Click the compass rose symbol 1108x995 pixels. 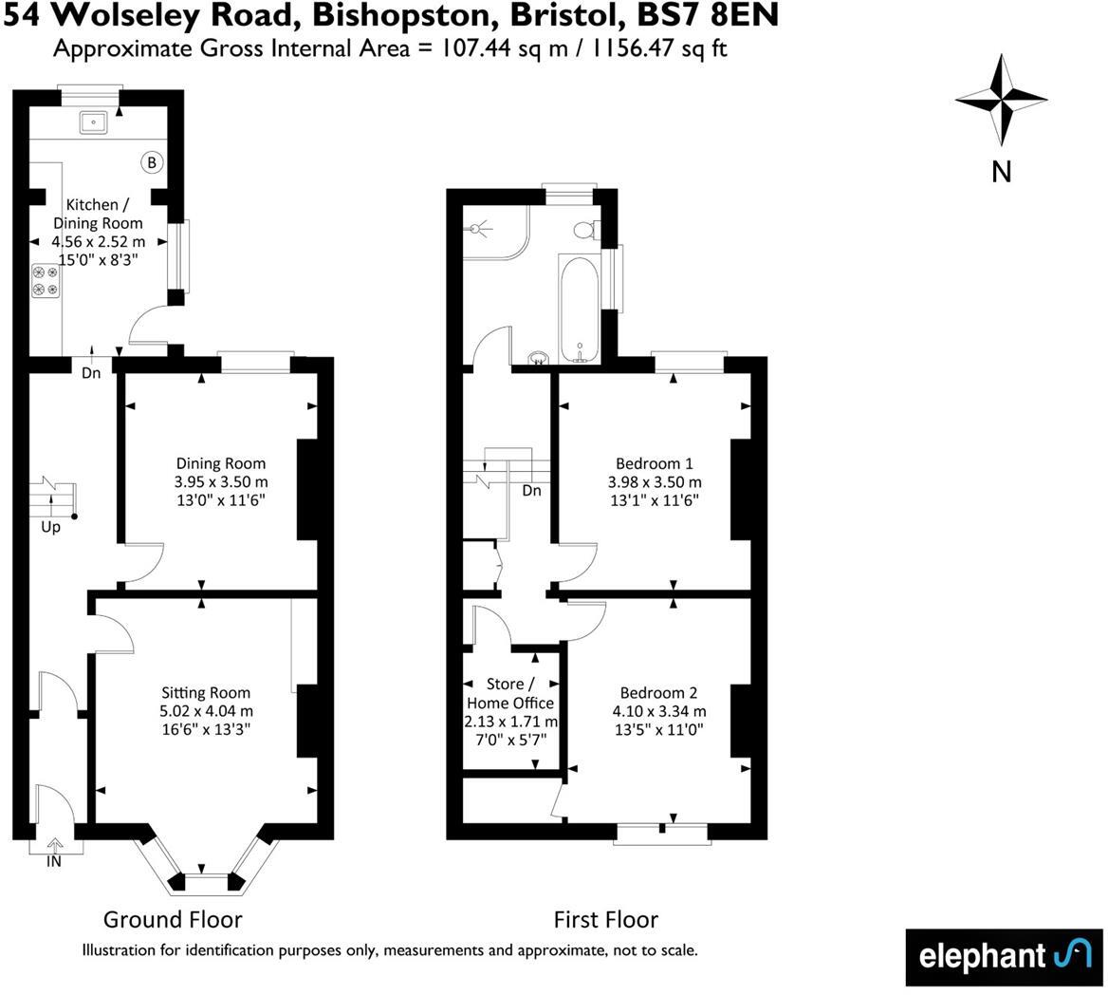1001,98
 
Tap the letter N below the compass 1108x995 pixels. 1001,171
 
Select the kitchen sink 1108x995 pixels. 94,122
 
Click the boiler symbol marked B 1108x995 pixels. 151,163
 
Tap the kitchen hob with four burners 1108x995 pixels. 46,281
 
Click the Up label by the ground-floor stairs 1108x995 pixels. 50,527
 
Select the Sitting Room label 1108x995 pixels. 205,692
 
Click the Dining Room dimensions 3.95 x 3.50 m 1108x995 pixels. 219,481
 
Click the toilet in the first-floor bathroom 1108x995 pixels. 584,230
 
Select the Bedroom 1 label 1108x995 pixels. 655,463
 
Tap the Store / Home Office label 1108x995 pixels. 510,693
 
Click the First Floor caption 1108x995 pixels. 605,919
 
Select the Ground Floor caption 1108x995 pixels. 173,919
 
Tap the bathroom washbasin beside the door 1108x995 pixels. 538,358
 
